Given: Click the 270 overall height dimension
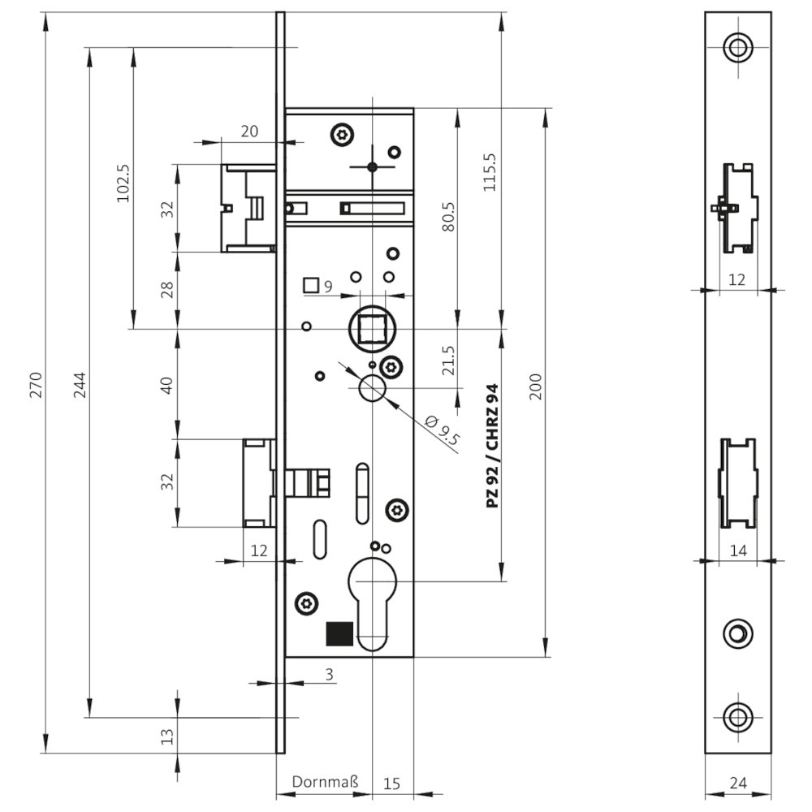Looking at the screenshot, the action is click(x=35, y=384).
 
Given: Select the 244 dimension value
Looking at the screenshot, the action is click(x=80, y=385).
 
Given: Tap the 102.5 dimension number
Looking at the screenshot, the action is click(x=123, y=184).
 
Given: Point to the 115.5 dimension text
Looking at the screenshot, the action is click(x=490, y=172).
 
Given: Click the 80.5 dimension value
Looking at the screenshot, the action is click(x=448, y=217).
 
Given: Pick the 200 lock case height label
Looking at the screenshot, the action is click(x=535, y=387).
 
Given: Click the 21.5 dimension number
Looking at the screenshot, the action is click(x=448, y=361).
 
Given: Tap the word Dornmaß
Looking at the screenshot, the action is click(x=325, y=781).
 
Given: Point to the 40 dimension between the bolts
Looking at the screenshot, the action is click(x=166, y=385).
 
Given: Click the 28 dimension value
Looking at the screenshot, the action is click(x=166, y=290).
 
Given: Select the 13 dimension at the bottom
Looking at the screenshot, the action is click(x=166, y=736).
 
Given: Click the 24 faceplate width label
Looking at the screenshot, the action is click(x=738, y=783).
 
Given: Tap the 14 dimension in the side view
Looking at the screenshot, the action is click(x=738, y=551).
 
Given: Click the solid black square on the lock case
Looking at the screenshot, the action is click(x=339, y=634).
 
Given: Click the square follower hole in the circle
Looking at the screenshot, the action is click(x=373, y=329).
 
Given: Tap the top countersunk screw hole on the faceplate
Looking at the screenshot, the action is click(x=738, y=47).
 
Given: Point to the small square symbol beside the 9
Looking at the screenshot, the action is click(x=311, y=285).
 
